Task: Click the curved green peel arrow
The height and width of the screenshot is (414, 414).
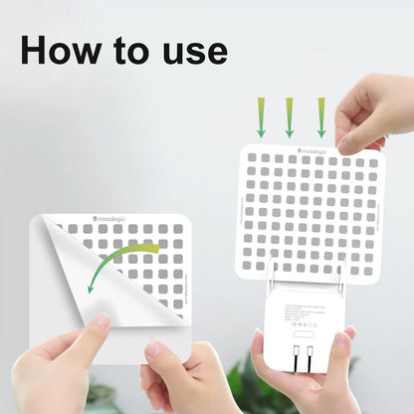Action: point(119,263)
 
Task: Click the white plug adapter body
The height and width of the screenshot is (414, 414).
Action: point(304,333)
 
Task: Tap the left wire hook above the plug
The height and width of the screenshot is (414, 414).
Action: point(272,269)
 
